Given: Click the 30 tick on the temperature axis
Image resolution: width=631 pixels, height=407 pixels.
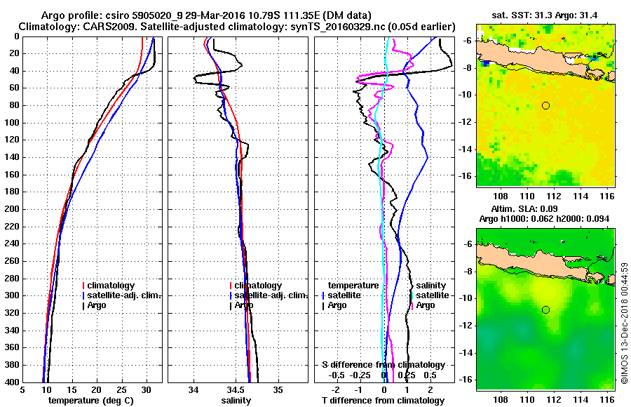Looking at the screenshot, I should point(146,390).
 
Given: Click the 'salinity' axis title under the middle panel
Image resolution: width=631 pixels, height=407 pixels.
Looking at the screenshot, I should point(236,401).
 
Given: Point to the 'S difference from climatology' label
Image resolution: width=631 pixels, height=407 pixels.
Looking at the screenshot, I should point(383,365).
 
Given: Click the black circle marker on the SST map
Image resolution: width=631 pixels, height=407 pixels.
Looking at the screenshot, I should point(545,105).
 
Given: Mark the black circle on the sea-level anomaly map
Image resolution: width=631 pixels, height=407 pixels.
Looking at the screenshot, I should point(545,309).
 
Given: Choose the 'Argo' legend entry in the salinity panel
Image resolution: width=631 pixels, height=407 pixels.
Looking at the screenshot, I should point(244,305).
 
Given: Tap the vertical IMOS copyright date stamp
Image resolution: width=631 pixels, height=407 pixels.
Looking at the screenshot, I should point(624,323).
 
